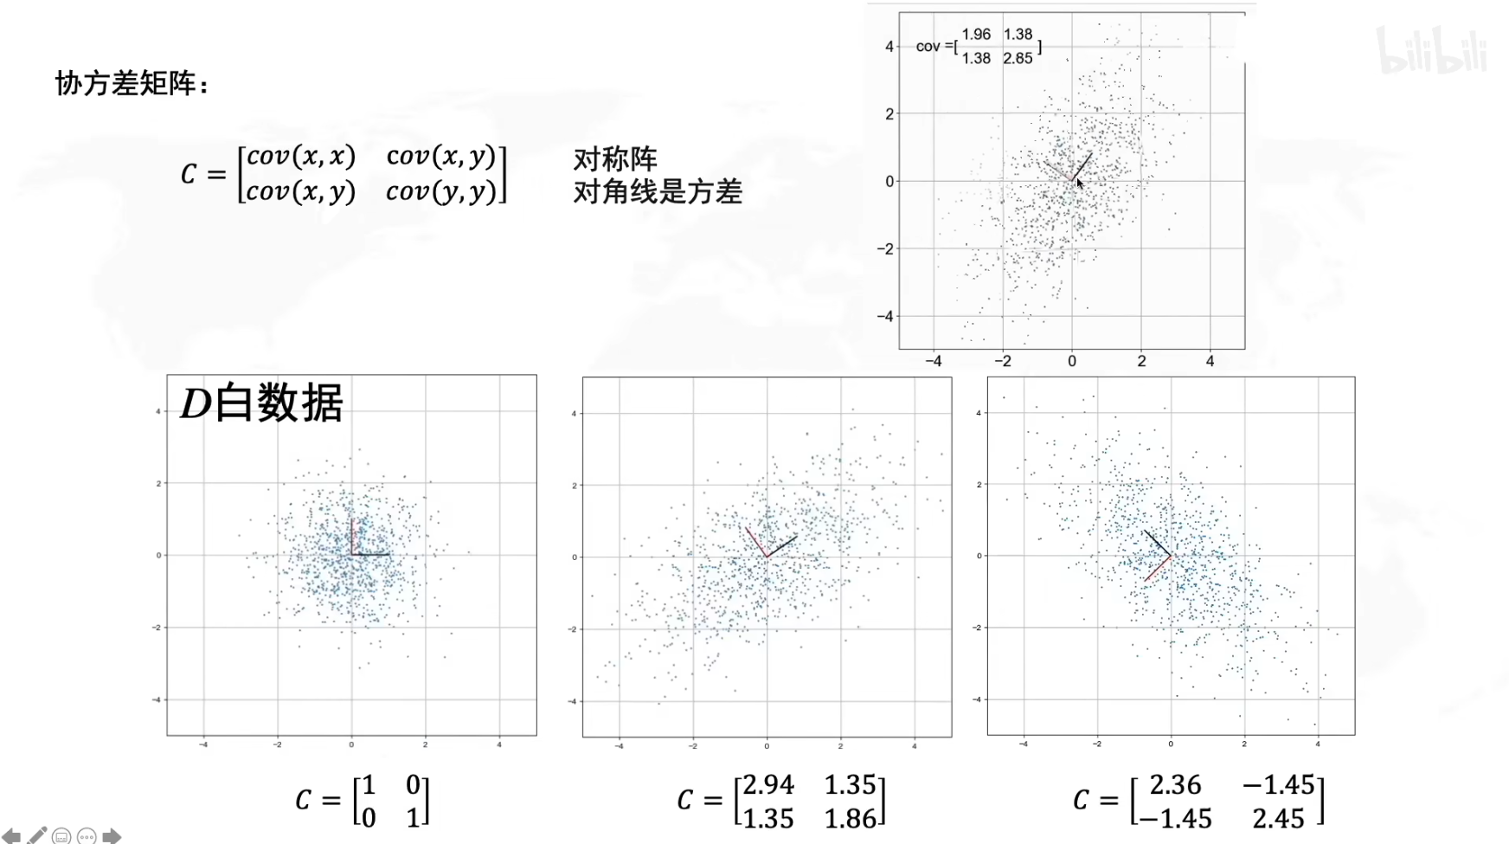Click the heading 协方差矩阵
click(x=130, y=84)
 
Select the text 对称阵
click(x=614, y=159)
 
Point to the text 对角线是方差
click(x=657, y=191)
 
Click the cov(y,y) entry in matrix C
click(x=440, y=191)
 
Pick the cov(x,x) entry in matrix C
click(x=300, y=156)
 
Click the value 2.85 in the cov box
click(x=1018, y=59)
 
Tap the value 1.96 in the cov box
click(x=976, y=35)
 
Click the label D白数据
click(x=261, y=403)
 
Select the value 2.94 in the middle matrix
click(x=768, y=785)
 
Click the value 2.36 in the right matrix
click(x=1175, y=785)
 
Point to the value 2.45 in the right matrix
click(x=1278, y=819)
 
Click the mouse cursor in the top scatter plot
click(x=1080, y=184)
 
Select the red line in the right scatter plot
click(x=1158, y=569)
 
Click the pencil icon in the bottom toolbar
click(x=37, y=835)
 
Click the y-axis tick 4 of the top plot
click(x=889, y=47)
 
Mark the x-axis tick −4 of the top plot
click(x=934, y=361)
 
